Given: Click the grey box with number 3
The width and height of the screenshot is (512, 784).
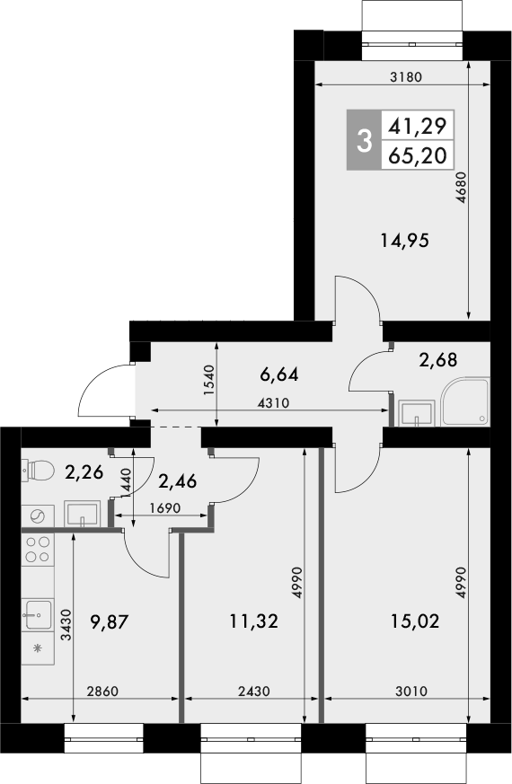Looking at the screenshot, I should click(364, 140).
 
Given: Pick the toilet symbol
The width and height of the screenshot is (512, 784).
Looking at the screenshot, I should click(35, 469).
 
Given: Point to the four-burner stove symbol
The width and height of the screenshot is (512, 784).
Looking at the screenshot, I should click(37, 549).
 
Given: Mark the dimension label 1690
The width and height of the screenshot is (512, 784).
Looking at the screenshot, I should click(166, 507).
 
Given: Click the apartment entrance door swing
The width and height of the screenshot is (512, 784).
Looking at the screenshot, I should click(103, 392).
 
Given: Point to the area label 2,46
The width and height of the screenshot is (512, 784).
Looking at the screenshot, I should click(178, 481).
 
